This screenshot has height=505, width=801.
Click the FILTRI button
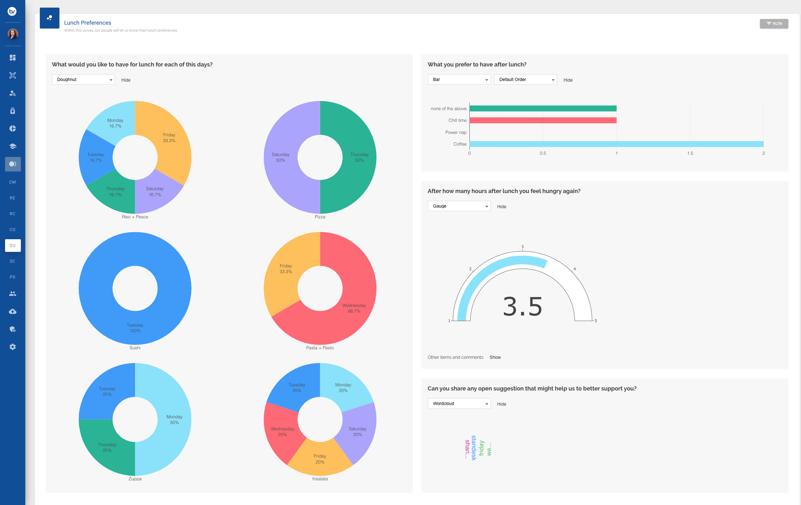[773, 24]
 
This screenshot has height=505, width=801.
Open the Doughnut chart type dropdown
[83, 79]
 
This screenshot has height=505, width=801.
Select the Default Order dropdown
[525, 79]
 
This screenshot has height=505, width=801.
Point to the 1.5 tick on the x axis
[690, 153]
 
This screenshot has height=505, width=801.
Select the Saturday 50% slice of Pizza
[280, 157]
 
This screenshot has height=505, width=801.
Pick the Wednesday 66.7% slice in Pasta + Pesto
[354, 308]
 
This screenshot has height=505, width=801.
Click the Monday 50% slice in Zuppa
[174, 420]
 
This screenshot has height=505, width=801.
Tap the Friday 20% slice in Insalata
[320, 459]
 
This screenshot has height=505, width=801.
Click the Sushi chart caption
[135, 347]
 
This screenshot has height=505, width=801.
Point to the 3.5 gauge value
[522, 307]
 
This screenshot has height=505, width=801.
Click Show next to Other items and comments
[495, 357]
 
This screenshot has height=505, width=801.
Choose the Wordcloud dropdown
[459, 403]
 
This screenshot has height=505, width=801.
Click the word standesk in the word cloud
[474, 448]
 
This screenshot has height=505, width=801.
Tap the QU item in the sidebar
[13, 245]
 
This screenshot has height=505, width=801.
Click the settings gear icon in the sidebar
[13, 347]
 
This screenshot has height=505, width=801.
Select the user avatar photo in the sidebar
[13, 34]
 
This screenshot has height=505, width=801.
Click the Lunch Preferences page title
[88, 23]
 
